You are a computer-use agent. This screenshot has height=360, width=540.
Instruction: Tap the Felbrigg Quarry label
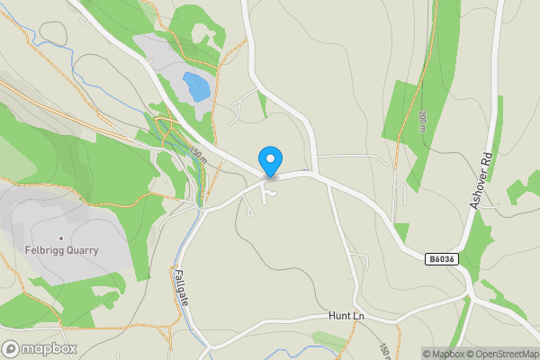62,250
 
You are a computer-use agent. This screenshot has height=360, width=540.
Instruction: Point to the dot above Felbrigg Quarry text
61,238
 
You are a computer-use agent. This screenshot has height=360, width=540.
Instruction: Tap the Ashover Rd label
482,180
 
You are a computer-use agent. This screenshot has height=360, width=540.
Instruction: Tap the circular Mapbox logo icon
12,348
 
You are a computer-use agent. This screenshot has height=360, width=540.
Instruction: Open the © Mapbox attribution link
445,354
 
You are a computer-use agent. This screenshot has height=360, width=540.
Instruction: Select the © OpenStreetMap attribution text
502,354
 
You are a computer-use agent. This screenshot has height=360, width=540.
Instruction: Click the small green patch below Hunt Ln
328,340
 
